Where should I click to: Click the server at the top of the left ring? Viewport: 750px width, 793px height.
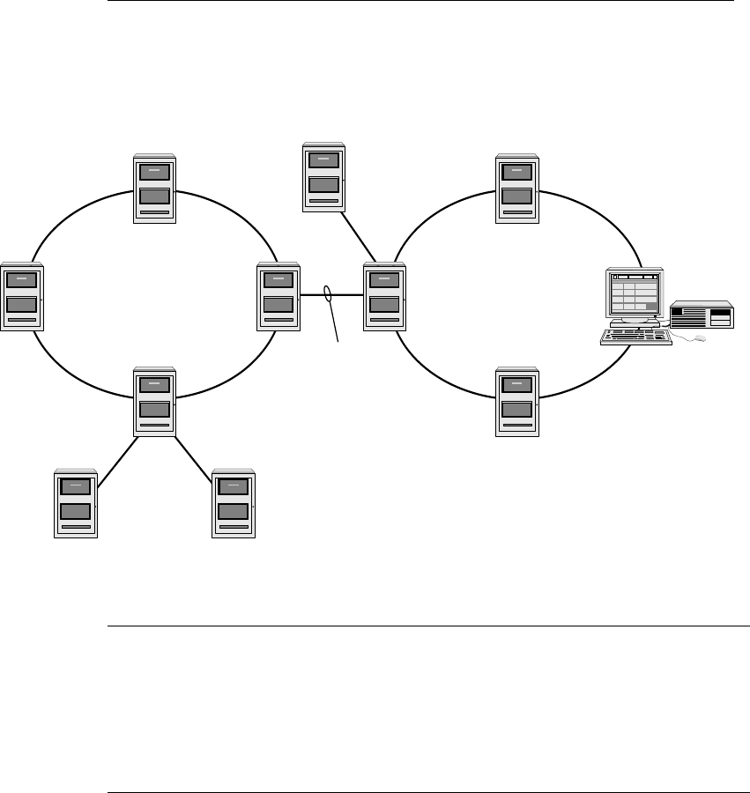(x=154, y=189)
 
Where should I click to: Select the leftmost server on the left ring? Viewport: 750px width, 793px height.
(x=22, y=296)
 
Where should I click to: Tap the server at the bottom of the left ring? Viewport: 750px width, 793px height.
(x=154, y=402)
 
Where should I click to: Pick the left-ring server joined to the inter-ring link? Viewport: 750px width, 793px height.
(x=278, y=296)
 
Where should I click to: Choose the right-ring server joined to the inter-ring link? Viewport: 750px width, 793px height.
(x=385, y=296)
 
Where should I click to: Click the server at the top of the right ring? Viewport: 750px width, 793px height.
(x=516, y=189)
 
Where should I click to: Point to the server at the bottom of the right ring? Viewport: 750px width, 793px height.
(x=516, y=402)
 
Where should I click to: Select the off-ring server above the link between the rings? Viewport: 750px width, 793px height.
(x=323, y=177)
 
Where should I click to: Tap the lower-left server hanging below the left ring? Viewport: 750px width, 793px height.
(x=76, y=503)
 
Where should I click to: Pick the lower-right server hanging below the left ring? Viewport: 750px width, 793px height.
(x=234, y=503)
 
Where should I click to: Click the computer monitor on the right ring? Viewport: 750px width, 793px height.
(x=634, y=296)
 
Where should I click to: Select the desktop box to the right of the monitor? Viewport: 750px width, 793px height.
(x=702, y=315)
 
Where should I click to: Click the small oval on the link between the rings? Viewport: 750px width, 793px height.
(x=328, y=295)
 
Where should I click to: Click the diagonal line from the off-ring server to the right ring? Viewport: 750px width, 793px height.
(x=360, y=236)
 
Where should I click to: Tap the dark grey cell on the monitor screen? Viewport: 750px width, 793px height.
(x=651, y=307)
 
